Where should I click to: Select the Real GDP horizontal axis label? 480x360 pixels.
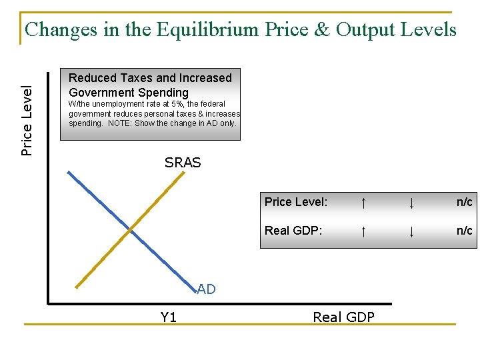pyautogui.click(x=343, y=317)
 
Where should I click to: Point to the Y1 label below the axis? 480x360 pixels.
pyautogui.click(x=169, y=317)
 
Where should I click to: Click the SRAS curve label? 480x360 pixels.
pyautogui.click(x=183, y=163)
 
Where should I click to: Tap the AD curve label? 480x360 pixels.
pyautogui.click(x=206, y=289)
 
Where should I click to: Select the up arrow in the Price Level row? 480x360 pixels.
pyautogui.click(x=363, y=202)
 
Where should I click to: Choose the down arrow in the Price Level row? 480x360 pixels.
pyautogui.click(x=412, y=202)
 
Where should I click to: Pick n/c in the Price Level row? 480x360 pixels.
pyautogui.click(x=464, y=201)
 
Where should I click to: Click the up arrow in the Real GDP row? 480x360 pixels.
pyautogui.click(x=363, y=231)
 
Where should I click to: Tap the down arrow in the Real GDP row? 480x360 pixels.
pyautogui.click(x=412, y=231)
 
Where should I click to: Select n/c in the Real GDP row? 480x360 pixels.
pyautogui.click(x=464, y=231)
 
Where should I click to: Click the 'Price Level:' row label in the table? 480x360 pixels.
pyautogui.click(x=296, y=201)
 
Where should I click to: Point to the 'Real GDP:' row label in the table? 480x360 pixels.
pyautogui.click(x=294, y=231)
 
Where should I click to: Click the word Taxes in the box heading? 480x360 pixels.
pyautogui.click(x=136, y=78)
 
